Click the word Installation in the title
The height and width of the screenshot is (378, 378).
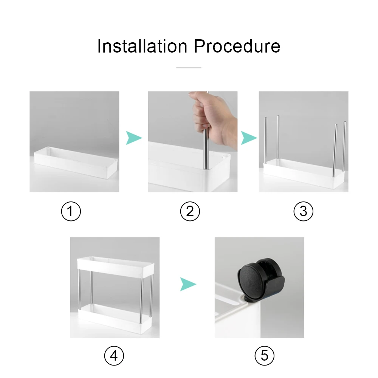[142, 46]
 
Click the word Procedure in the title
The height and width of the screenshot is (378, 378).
[237, 46]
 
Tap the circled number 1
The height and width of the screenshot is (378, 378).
[71, 211]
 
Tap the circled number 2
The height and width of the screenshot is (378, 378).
[190, 211]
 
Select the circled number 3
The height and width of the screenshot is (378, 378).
[304, 211]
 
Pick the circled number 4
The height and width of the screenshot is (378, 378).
[114, 355]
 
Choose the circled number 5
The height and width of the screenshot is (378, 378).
[264, 355]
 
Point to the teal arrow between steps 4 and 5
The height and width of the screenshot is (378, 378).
[187, 283]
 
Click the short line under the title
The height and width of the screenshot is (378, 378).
[189, 68]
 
